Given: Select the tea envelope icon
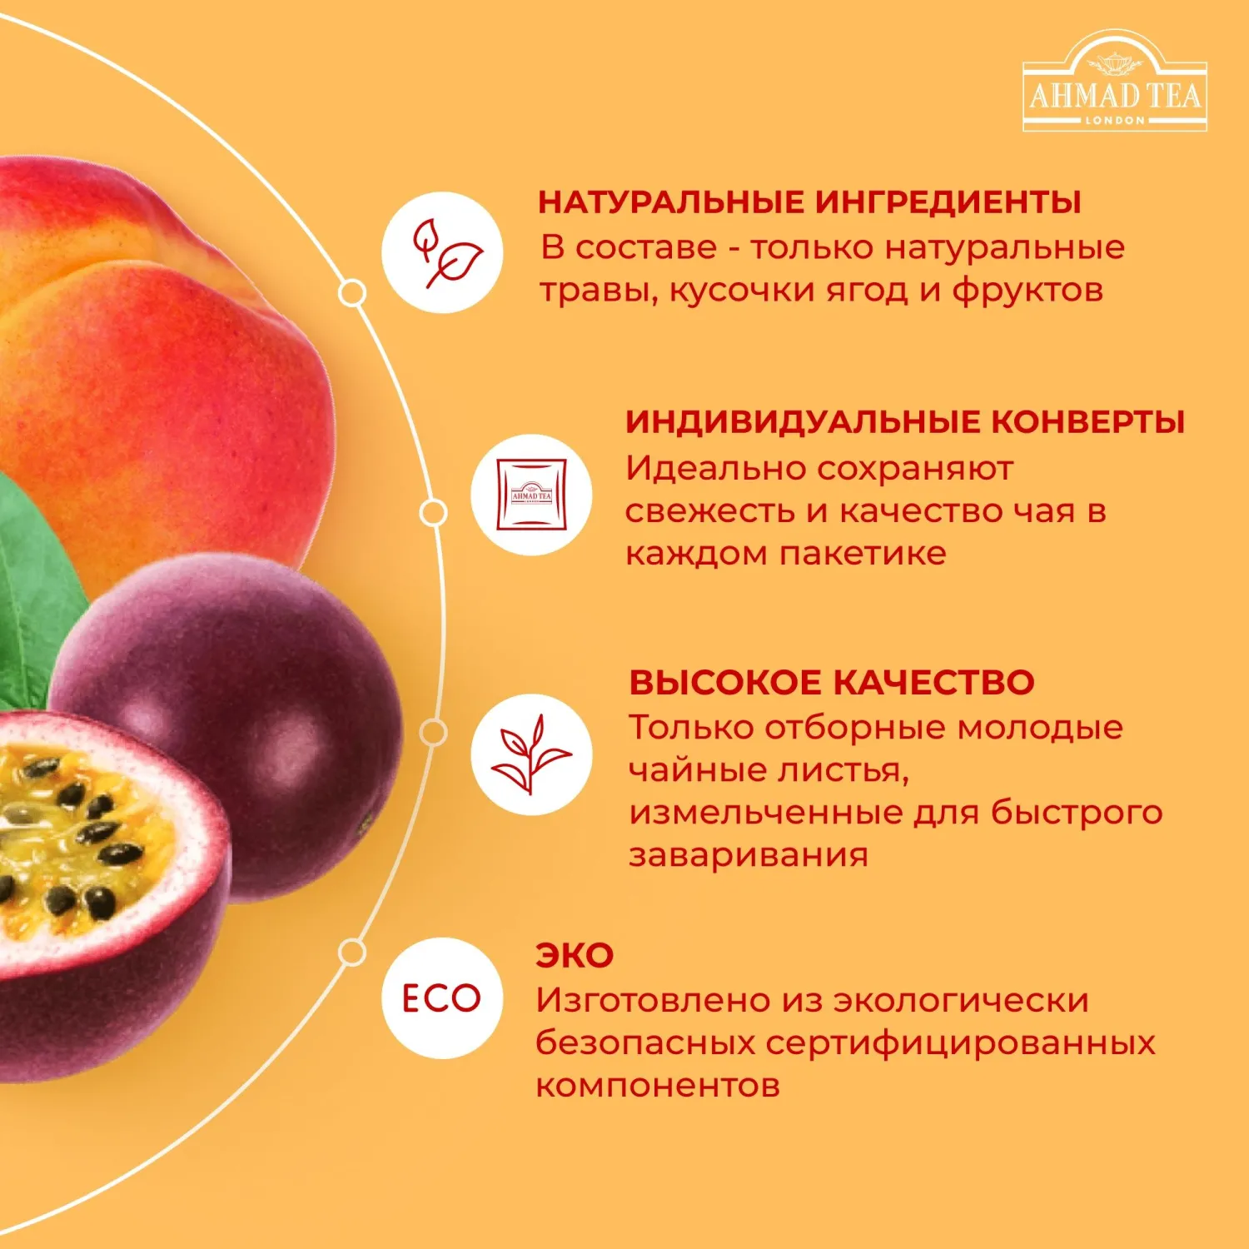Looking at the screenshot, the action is (531, 495).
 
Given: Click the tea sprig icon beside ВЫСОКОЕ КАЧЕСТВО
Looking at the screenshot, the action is (531, 754).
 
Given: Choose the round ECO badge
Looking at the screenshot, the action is (442, 998).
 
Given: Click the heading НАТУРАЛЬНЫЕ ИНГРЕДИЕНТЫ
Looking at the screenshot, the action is (809, 202).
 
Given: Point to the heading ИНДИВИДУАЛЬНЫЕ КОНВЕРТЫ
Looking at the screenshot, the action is (905, 422).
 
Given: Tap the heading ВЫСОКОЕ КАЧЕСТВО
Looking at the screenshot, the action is (832, 683).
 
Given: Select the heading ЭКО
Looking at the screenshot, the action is (575, 956).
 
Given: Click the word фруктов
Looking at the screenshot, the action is (1028, 291).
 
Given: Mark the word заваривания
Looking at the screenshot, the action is (749, 855).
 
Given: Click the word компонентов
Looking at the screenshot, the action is (658, 1086).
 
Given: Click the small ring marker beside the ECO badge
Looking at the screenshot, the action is (352, 953).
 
